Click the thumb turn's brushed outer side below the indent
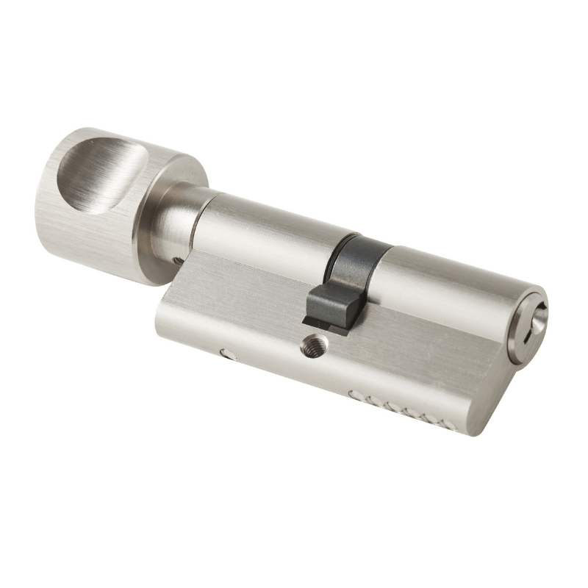click(81, 235)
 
